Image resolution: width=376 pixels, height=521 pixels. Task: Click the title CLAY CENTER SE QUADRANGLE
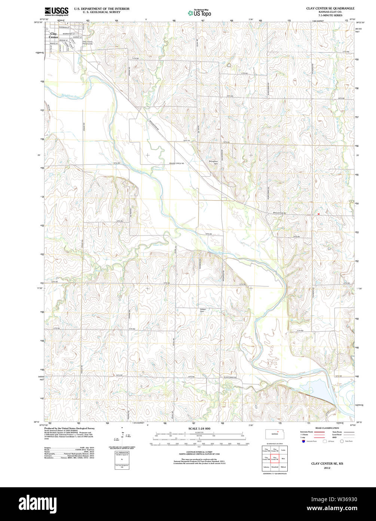tap(330, 8)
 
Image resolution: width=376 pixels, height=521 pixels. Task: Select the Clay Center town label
tap(54, 35)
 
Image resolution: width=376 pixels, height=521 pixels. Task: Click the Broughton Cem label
tap(213, 163)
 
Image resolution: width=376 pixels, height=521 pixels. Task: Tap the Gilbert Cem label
tap(203, 310)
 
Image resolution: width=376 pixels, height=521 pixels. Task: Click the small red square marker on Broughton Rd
tap(318, 214)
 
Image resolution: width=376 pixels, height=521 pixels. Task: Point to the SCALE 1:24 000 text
tap(199, 428)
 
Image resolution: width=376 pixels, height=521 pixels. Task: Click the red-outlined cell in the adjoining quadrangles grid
tap(275, 458)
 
